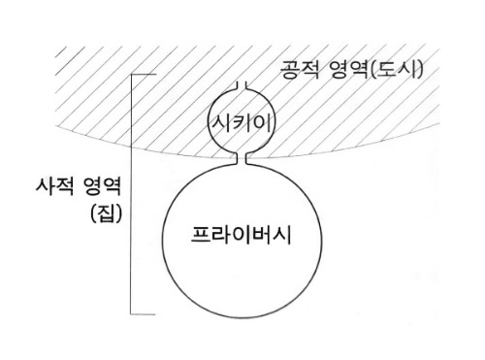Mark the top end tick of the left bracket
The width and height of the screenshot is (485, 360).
pyautogui.click(x=143, y=75)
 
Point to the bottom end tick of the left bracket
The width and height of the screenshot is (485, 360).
pyautogui.click(x=143, y=313)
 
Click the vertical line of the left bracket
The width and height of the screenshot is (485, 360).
pyautogui.click(x=131, y=194)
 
